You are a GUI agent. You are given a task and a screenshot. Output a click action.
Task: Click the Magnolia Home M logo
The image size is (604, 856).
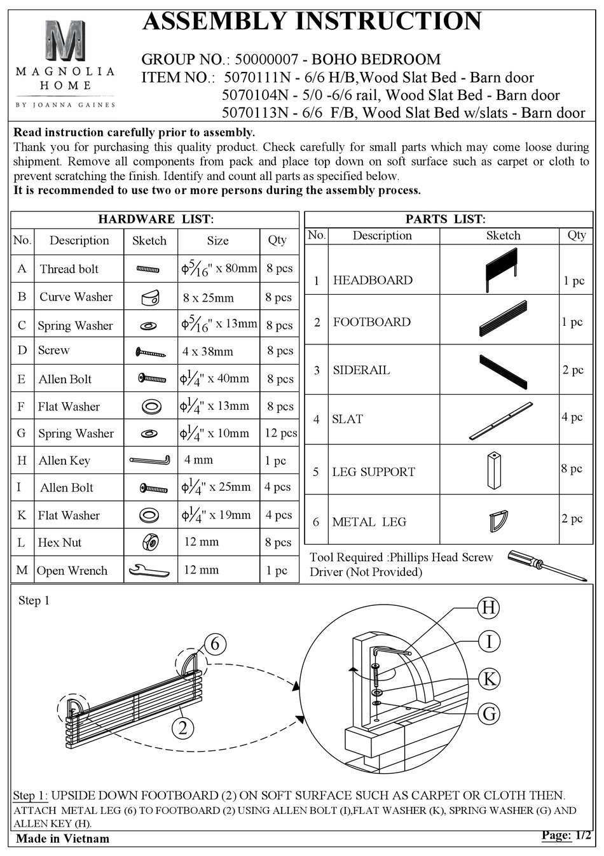[x=65, y=41]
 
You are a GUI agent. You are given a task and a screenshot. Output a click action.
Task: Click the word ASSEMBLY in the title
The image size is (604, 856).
[x=216, y=22]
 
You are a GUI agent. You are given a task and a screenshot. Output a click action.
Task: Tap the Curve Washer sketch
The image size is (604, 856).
[x=150, y=297]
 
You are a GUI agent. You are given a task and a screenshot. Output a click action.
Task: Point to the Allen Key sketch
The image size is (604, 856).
[x=149, y=460]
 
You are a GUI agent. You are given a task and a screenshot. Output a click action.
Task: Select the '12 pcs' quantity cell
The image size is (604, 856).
[x=280, y=433]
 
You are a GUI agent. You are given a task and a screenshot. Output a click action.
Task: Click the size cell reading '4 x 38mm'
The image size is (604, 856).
[x=208, y=351]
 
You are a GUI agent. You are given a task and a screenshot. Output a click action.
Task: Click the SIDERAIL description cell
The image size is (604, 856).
[x=361, y=370]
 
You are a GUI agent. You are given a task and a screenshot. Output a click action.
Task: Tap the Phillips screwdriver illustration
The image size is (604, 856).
[x=546, y=565]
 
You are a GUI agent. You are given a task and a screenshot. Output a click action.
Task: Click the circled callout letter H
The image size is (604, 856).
[x=489, y=608]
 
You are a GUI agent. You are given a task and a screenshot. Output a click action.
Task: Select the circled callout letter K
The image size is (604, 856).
[x=489, y=678]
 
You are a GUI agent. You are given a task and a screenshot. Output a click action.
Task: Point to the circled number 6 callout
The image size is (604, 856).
[x=215, y=644]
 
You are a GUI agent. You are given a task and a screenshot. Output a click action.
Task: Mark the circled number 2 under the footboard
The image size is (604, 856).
[x=182, y=727]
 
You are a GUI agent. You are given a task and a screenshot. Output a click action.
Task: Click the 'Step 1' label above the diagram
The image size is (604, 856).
[x=34, y=601]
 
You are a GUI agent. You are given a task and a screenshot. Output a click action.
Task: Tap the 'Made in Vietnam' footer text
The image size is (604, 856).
[x=62, y=839]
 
